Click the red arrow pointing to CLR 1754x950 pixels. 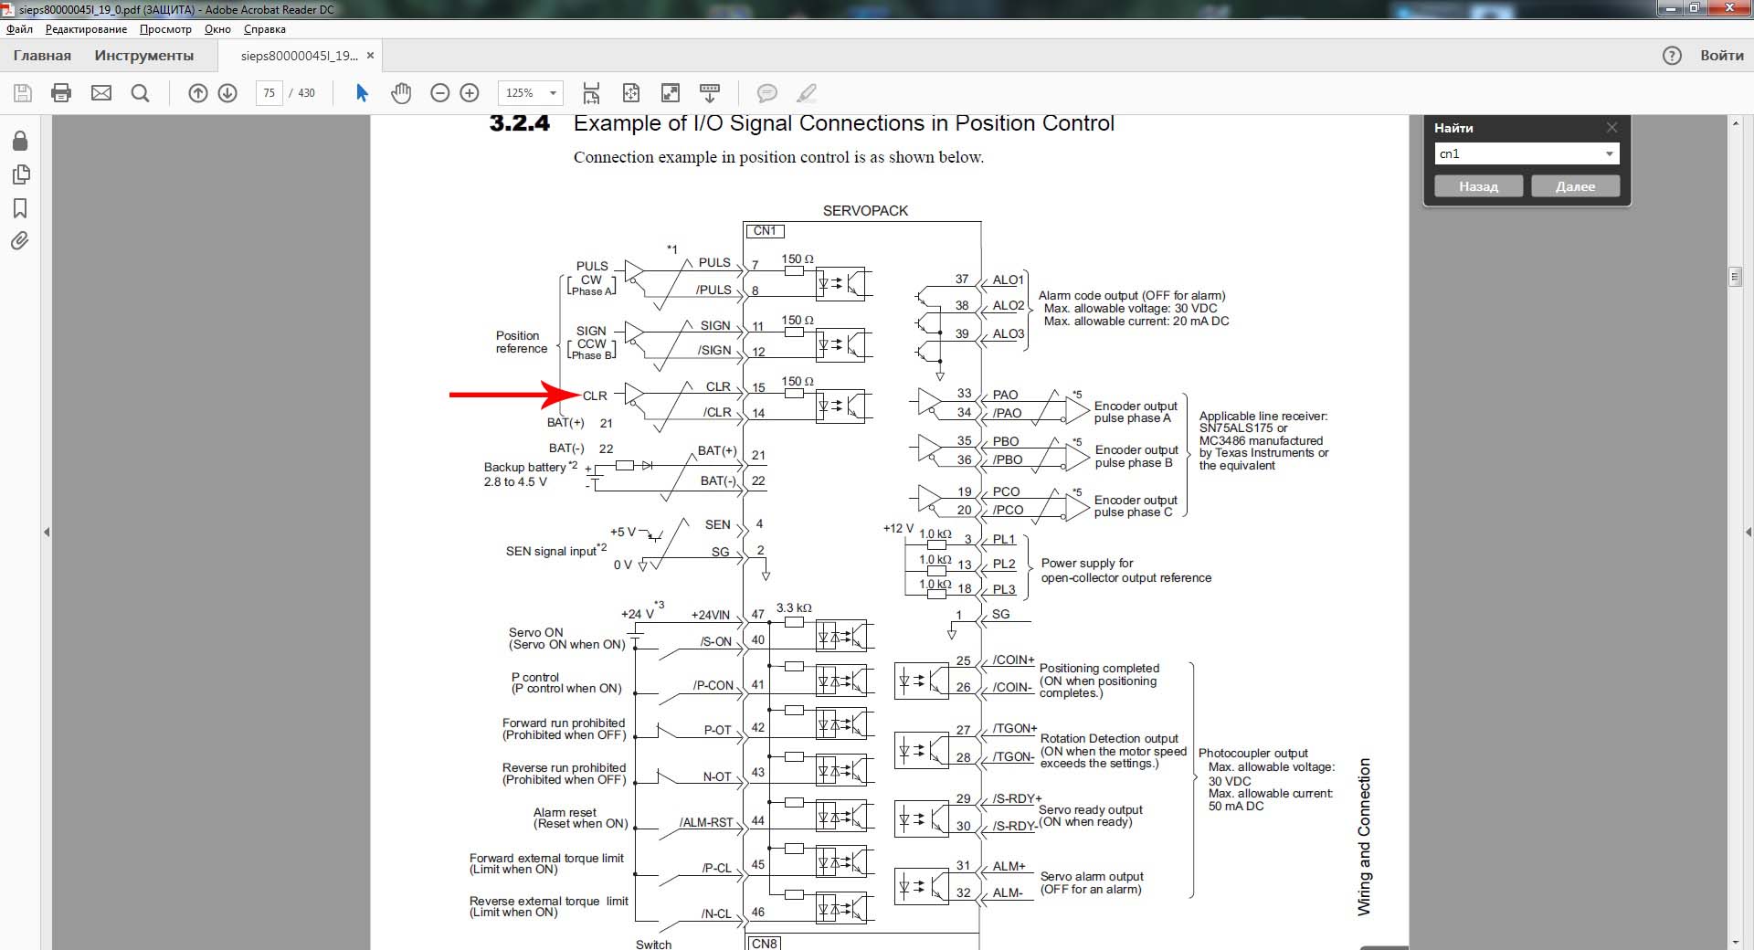tap(515, 395)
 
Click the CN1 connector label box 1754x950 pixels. tap(765, 231)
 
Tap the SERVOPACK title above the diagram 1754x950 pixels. tap(865, 211)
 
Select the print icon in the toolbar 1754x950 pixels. tap(61, 92)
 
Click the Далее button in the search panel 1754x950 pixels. tap(1575, 186)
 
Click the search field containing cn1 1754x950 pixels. tap(1527, 153)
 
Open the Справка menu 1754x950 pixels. tap(265, 29)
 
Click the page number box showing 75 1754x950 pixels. tap(269, 92)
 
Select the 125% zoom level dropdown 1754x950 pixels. tap(530, 92)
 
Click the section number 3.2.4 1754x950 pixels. tap(520, 123)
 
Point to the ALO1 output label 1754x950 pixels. tap(1008, 280)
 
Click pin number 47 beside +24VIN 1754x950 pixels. tap(757, 615)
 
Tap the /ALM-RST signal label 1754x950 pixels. tap(706, 822)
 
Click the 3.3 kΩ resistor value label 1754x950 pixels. tap(794, 607)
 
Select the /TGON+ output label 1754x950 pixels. tap(1014, 729)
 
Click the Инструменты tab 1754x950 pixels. tap(144, 56)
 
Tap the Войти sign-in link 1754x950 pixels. tap(1722, 56)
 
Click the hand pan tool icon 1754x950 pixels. tap(401, 92)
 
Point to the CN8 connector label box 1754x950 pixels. tap(765, 943)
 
